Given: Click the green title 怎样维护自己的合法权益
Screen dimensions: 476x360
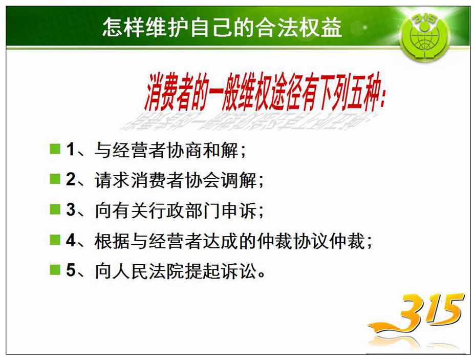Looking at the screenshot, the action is pyautogui.click(x=222, y=27).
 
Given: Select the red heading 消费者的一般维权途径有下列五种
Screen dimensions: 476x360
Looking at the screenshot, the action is pyautogui.click(x=265, y=92).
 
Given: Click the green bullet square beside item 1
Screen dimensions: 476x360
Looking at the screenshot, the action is pyautogui.click(x=55, y=149).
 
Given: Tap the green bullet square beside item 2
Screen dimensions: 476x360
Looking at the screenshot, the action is pyautogui.click(x=55, y=179).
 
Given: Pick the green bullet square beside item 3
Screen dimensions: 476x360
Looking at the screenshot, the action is pyautogui.click(x=55, y=209).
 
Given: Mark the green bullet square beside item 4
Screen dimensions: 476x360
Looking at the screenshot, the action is pyautogui.click(x=55, y=239).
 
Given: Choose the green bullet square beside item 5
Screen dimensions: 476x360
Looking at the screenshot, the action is pyautogui.click(x=55, y=269).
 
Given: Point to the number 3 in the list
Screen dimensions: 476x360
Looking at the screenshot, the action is pyautogui.click(x=71, y=209).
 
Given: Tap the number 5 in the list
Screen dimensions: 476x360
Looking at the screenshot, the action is pyautogui.click(x=71, y=270).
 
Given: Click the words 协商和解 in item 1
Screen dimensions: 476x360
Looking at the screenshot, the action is pyautogui.click(x=203, y=150).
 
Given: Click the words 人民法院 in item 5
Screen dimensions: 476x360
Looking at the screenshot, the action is pyautogui.click(x=149, y=271).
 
